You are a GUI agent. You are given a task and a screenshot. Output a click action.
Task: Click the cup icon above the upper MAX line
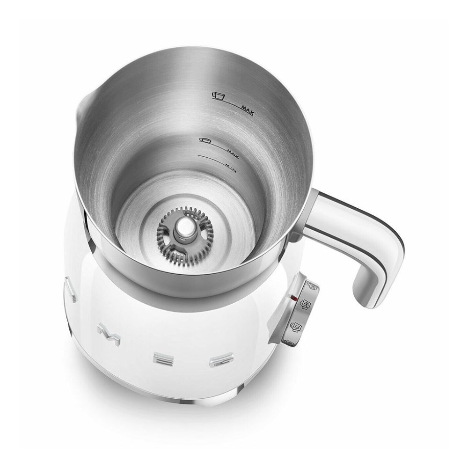218,95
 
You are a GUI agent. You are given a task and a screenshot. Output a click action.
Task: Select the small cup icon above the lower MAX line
205,140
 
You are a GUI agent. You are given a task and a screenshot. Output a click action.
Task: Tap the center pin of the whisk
184,228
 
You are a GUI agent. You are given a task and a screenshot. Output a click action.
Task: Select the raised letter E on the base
161,358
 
